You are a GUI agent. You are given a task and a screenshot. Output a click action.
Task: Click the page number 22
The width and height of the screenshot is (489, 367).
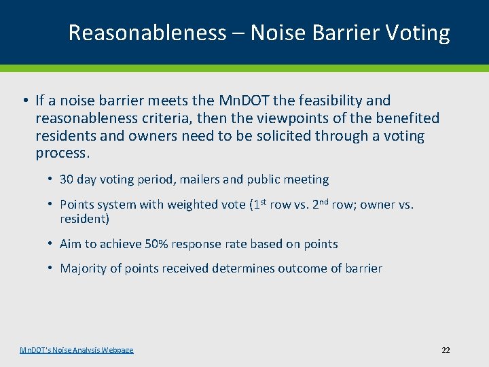coord(446,350)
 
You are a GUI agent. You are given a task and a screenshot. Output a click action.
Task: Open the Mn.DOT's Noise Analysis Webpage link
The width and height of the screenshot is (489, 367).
coord(77,350)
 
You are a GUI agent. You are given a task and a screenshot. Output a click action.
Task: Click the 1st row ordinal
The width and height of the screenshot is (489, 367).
coord(259,204)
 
